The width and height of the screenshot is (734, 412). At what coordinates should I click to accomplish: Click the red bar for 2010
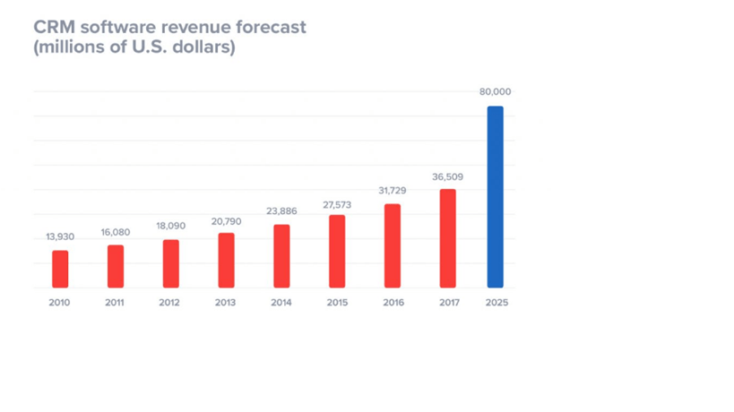[x=60, y=269]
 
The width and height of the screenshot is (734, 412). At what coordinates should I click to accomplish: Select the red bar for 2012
[x=170, y=263]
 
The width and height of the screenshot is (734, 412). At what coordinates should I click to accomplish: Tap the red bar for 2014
[x=281, y=256]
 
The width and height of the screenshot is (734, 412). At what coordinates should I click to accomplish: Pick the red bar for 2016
[x=393, y=245]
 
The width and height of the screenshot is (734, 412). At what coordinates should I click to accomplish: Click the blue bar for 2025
[x=495, y=197]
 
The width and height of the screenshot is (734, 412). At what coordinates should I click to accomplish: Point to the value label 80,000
[x=495, y=91]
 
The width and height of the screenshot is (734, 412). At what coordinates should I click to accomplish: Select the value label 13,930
[x=60, y=237]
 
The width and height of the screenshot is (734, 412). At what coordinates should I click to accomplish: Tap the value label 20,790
[x=226, y=220]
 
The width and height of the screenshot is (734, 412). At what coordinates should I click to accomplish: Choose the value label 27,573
[x=337, y=203]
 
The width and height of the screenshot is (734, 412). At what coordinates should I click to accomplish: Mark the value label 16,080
[x=115, y=232]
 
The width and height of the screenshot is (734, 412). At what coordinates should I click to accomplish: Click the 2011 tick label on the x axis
[x=115, y=303]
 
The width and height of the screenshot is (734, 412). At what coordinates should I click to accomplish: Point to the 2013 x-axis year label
[x=226, y=303]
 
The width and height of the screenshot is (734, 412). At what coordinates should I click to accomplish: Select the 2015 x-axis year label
[x=337, y=303]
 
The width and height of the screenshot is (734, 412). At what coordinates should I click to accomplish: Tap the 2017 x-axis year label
[x=448, y=303]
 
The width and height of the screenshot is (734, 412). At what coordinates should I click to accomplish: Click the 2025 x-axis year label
[x=497, y=303]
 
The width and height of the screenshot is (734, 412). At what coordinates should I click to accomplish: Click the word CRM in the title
[x=52, y=27]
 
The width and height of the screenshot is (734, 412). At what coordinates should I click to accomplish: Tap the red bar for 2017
[x=448, y=238]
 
